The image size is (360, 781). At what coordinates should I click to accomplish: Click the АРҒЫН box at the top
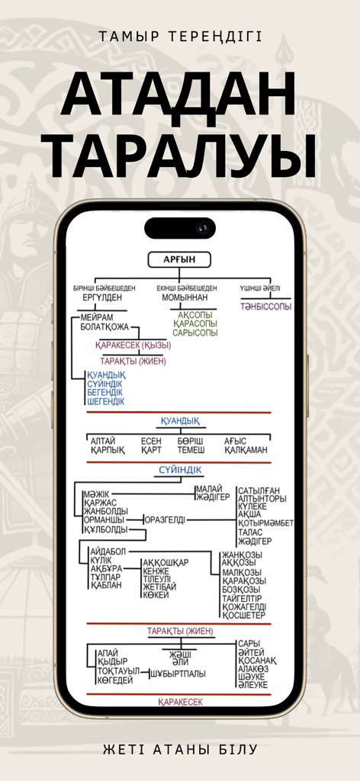[179, 260]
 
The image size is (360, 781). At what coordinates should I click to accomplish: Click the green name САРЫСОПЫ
[194, 333]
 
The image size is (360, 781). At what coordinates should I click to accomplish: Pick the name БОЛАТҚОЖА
[107, 326]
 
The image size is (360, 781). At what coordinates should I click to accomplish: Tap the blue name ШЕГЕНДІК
[106, 401]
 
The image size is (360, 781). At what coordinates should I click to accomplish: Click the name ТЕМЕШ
[191, 450]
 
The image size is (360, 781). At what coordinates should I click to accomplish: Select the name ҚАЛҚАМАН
[246, 450]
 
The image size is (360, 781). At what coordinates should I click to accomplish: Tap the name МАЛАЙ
[208, 489]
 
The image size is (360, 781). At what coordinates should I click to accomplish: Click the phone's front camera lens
[202, 228]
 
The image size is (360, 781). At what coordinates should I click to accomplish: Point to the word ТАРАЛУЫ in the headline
[179, 156]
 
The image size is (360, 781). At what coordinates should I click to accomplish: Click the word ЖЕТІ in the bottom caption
[119, 750]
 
